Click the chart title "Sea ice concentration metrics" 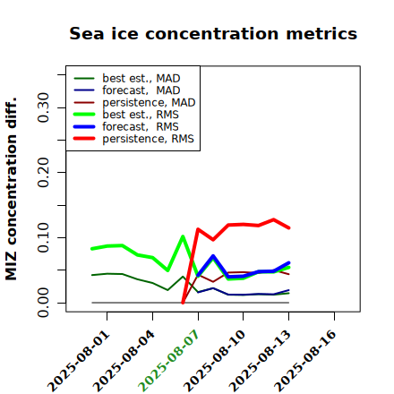[213, 33]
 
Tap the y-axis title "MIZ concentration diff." [12, 189]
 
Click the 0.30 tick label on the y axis [44, 107]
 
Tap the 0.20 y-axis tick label [44, 172]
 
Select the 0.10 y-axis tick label [44, 237]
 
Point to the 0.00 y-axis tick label [44, 303]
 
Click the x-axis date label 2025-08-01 [79, 361]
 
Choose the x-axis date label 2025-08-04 [124, 361]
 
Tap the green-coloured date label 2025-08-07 [169, 361]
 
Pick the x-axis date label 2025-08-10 [215, 361]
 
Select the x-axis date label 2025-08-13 [261, 361]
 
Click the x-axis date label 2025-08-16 [305, 361]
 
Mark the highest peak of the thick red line [274, 219]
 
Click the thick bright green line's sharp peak [183, 236]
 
